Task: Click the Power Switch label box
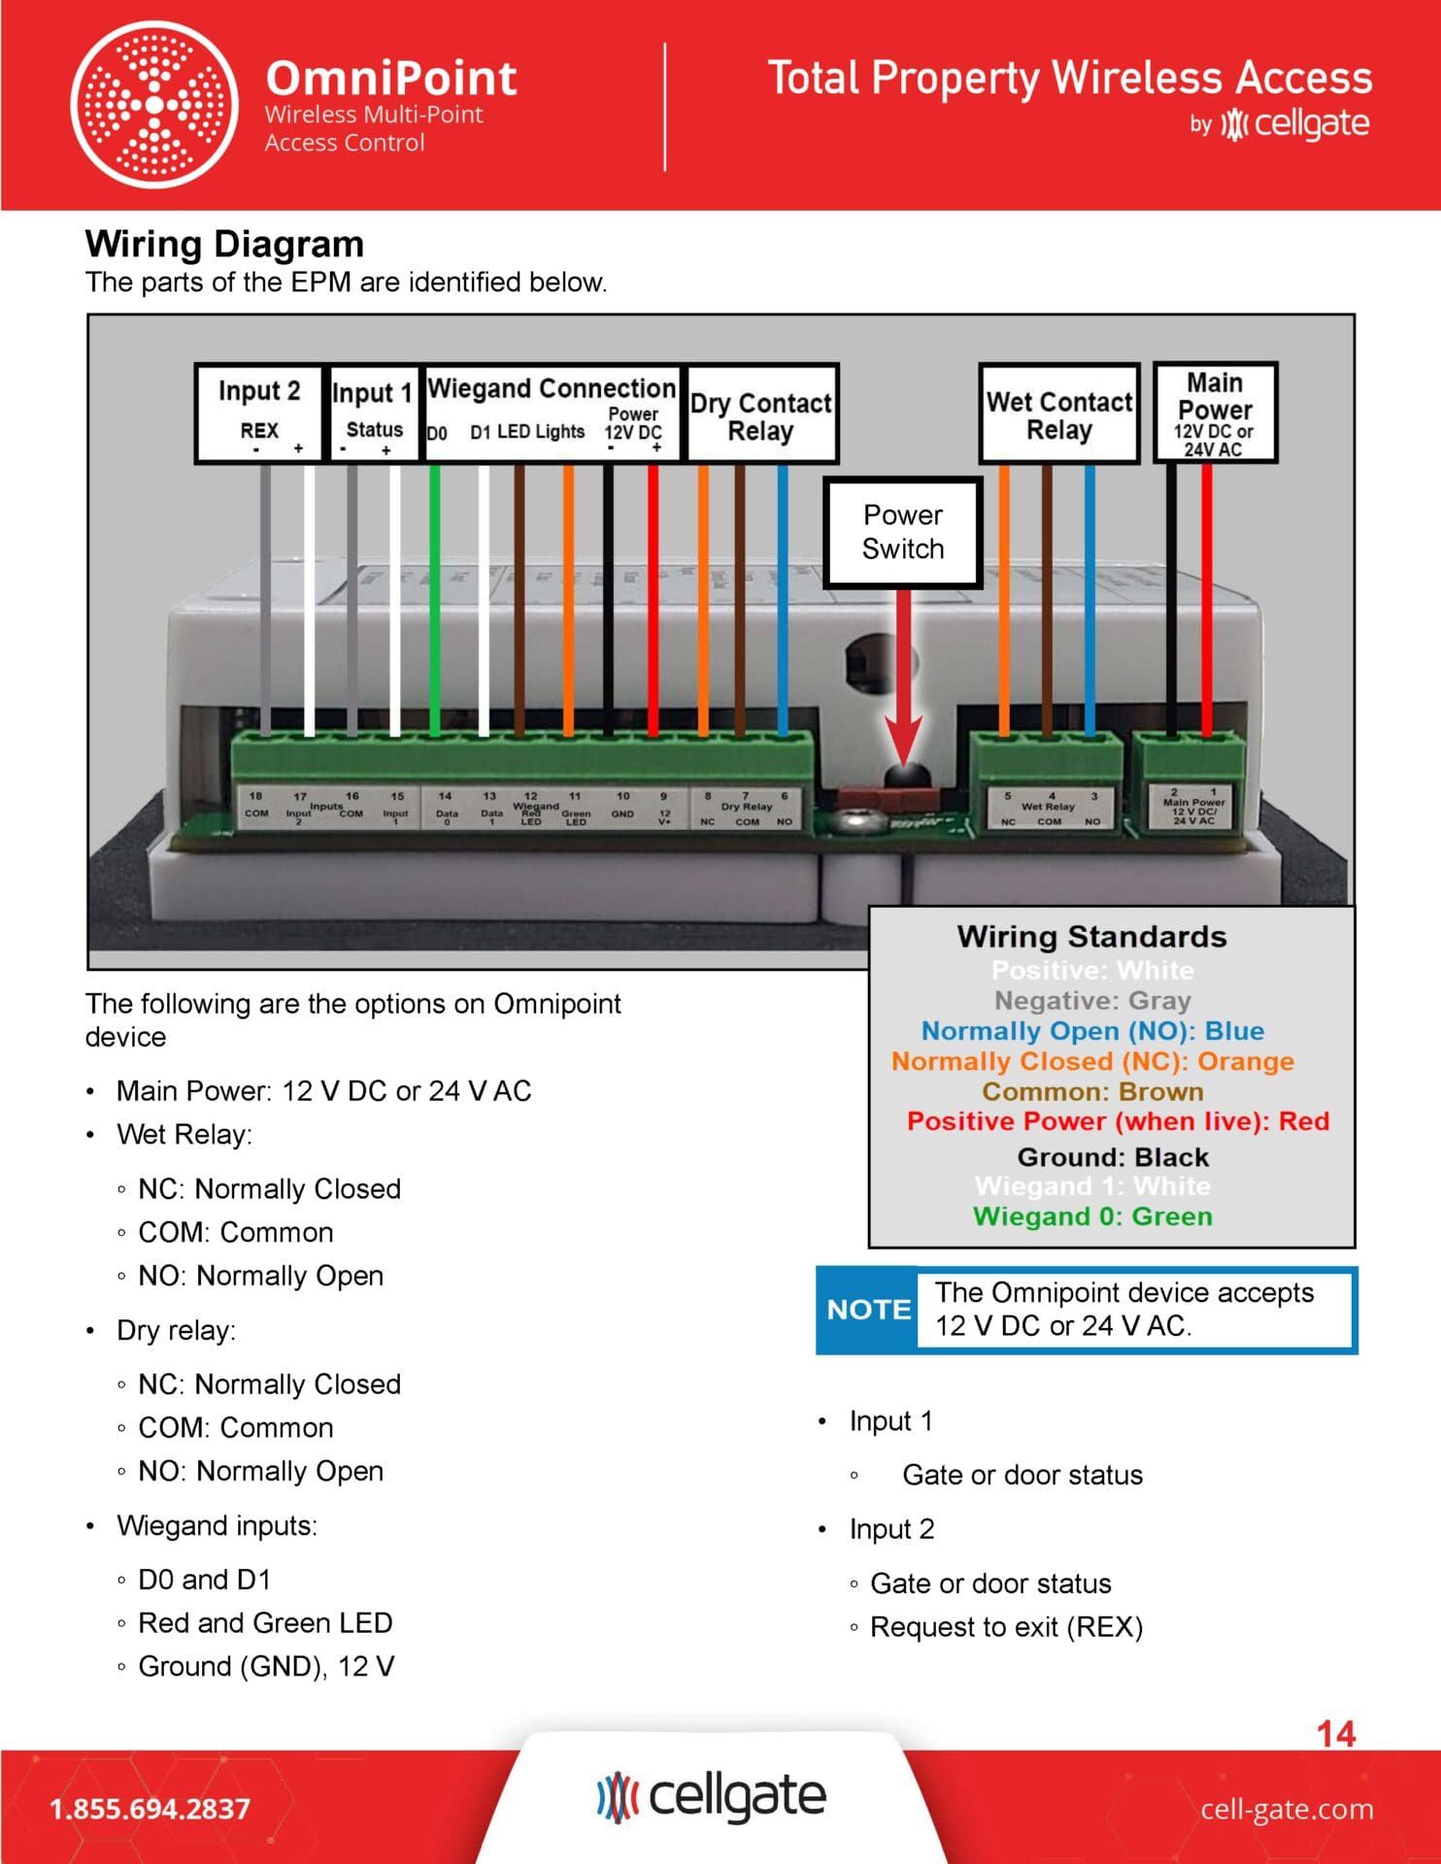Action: [x=902, y=532]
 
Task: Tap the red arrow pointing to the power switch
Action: [x=903, y=680]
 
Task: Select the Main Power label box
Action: [x=1214, y=413]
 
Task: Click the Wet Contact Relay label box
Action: [x=1059, y=415]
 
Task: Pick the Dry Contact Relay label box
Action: [x=761, y=415]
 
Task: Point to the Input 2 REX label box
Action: [x=258, y=415]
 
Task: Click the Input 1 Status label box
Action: [x=374, y=415]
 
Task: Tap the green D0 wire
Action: [x=435, y=602]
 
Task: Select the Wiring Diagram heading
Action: [x=224, y=244]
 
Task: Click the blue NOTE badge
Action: [x=868, y=1310]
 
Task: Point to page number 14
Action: [x=1336, y=1734]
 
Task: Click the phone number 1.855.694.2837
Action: [x=150, y=1809]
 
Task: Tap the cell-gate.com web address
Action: [x=1287, y=1809]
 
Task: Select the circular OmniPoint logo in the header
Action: [x=154, y=104]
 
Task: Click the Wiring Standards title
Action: [x=1091, y=936]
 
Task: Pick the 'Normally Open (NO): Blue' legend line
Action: [x=1092, y=1030]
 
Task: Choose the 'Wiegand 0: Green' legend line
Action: [x=1092, y=1216]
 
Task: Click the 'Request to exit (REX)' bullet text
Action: [x=1006, y=1627]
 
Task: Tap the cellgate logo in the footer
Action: [x=712, y=1796]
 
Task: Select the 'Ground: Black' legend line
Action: [x=1113, y=1157]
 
